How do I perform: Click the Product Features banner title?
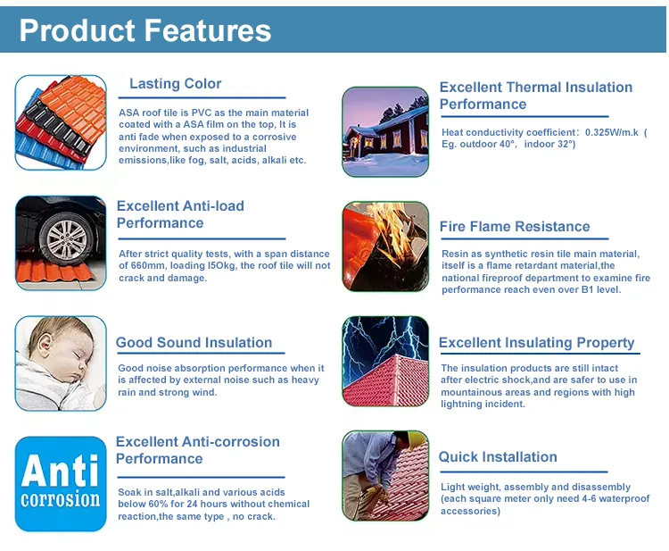tap(145, 30)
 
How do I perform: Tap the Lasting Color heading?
tap(175, 84)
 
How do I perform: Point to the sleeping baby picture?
tap(61, 363)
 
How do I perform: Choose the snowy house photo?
tap(386, 131)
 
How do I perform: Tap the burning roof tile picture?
tap(385, 246)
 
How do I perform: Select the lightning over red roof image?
tap(385, 362)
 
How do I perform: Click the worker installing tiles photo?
tap(385, 476)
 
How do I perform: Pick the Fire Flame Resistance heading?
tap(515, 227)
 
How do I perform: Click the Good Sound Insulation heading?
tap(194, 343)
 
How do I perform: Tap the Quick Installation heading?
tap(498, 457)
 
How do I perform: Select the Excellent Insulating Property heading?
tap(536, 343)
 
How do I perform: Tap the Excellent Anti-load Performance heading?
tap(180, 214)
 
